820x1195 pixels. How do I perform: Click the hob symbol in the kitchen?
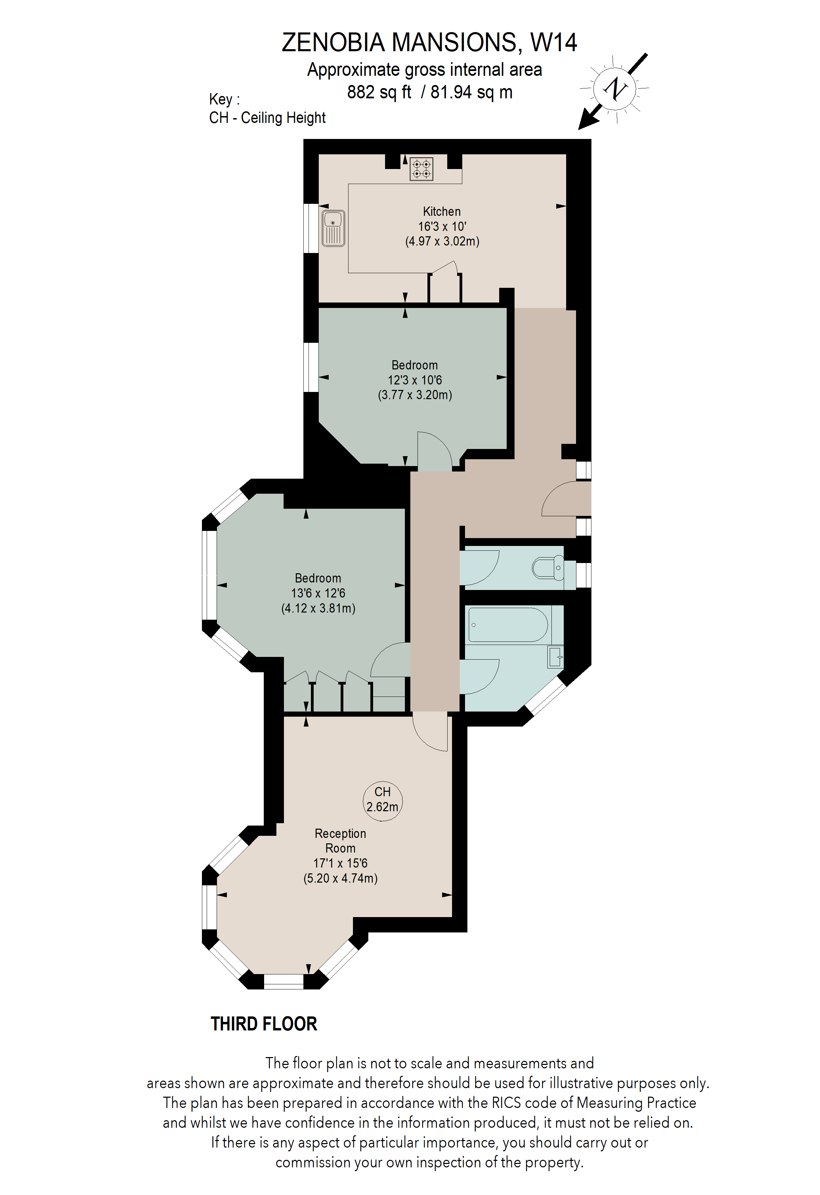point(421,169)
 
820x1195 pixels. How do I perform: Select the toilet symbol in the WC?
point(547,568)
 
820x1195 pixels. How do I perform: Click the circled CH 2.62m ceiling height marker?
point(382,800)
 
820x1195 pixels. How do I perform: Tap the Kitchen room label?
point(441,211)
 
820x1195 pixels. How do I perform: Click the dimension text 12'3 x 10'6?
point(415,380)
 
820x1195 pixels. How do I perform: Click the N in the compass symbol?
point(614,89)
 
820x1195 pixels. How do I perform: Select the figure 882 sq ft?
point(379,93)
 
